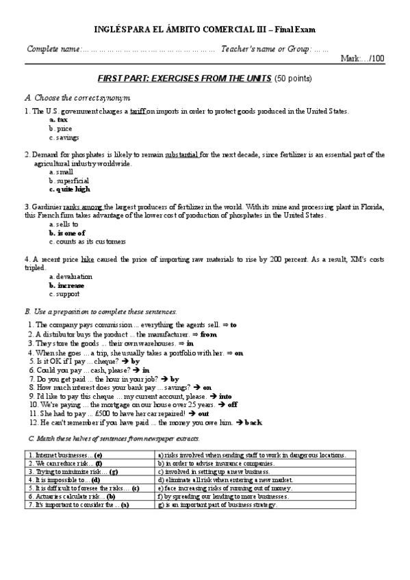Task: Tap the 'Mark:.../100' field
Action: pyautogui.click(x=362, y=59)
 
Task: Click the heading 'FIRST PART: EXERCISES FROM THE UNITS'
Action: pyautogui.click(x=185, y=79)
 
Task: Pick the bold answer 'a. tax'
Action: pyautogui.click(x=58, y=120)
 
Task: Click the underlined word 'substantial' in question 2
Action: pyautogui.click(x=182, y=155)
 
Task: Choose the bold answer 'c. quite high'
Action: pyautogui.click(x=69, y=189)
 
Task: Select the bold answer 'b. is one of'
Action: pyautogui.click(x=66, y=233)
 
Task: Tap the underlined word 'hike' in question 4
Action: pyautogui.click(x=87, y=261)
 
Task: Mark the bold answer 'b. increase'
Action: pyautogui.click(x=66, y=285)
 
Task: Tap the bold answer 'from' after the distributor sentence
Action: pyautogui.click(x=208, y=334)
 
